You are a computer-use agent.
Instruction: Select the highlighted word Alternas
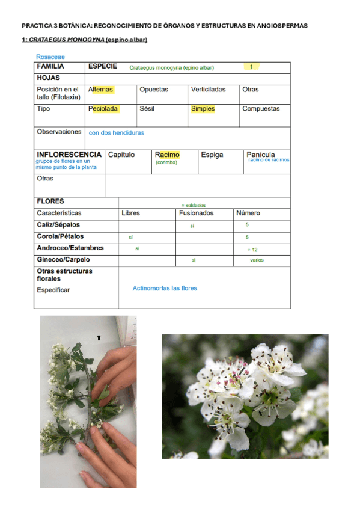pyautogui.click(x=100, y=90)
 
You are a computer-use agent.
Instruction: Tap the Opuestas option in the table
pyautogui.click(x=154, y=90)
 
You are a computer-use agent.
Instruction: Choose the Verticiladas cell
pyautogui.click(x=208, y=90)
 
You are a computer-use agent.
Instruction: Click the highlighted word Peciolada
pyautogui.click(x=103, y=109)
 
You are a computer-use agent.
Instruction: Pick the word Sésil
pyautogui.click(x=147, y=109)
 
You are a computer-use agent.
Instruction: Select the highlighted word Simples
pyautogui.click(x=203, y=109)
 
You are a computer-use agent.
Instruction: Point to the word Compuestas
pyautogui.click(x=261, y=109)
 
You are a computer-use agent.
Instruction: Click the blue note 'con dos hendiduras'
pyautogui.click(x=116, y=132)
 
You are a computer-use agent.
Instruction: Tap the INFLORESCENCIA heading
pyautogui.click(x=69, y=155)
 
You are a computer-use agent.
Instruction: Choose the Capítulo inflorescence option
pyautogui.click(x=121, y=155)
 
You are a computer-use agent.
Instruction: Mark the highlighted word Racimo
pyautogui.click(x=167, y=155)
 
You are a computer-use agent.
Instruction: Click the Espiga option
pyautogui.click(x=212, y=155)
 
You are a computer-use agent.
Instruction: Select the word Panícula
pyautogui.click(x=261, y=155)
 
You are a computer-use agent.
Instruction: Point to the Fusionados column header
pyautogui.click(x=196, y=213)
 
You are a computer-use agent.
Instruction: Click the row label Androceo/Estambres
pyautogui.click(x=70, y=248)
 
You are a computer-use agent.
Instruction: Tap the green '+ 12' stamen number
pyautogui.click(x=252, y=249)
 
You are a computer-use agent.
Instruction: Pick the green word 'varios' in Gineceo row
pyautogui.click(x=257, y=260)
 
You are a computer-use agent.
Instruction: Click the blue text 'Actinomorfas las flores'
pyautogui.click(x=165, y=288)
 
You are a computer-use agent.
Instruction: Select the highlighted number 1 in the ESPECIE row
pyautogui.click(x=251, y=67)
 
